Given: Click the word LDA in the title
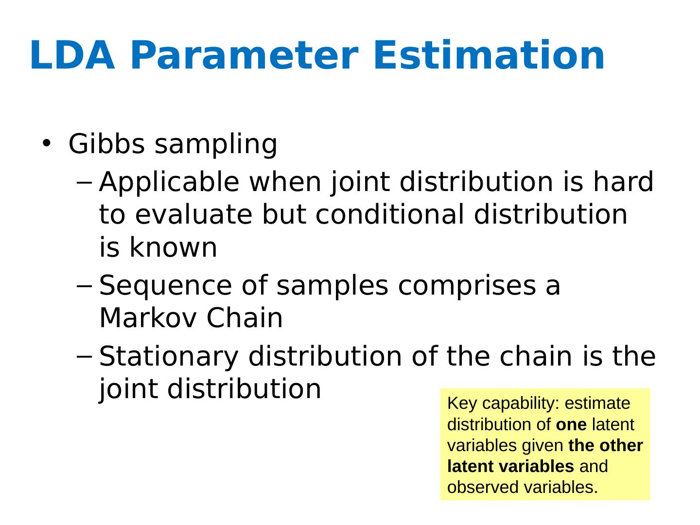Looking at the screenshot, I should pyautogui.click(x=72, y=55).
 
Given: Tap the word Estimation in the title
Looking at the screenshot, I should pyautogui.click(x=489, y=55).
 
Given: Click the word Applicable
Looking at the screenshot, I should pyautogui.click(x=169, y=183).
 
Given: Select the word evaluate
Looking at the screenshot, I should pyautogui.click(x=193, y=215).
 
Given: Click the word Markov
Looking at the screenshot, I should pyautogui.click(x=148, y=318).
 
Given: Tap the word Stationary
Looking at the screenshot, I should pyautogui.click(x=169, y=357).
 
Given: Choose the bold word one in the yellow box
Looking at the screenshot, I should pyautogui.click(x=571, y=424).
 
